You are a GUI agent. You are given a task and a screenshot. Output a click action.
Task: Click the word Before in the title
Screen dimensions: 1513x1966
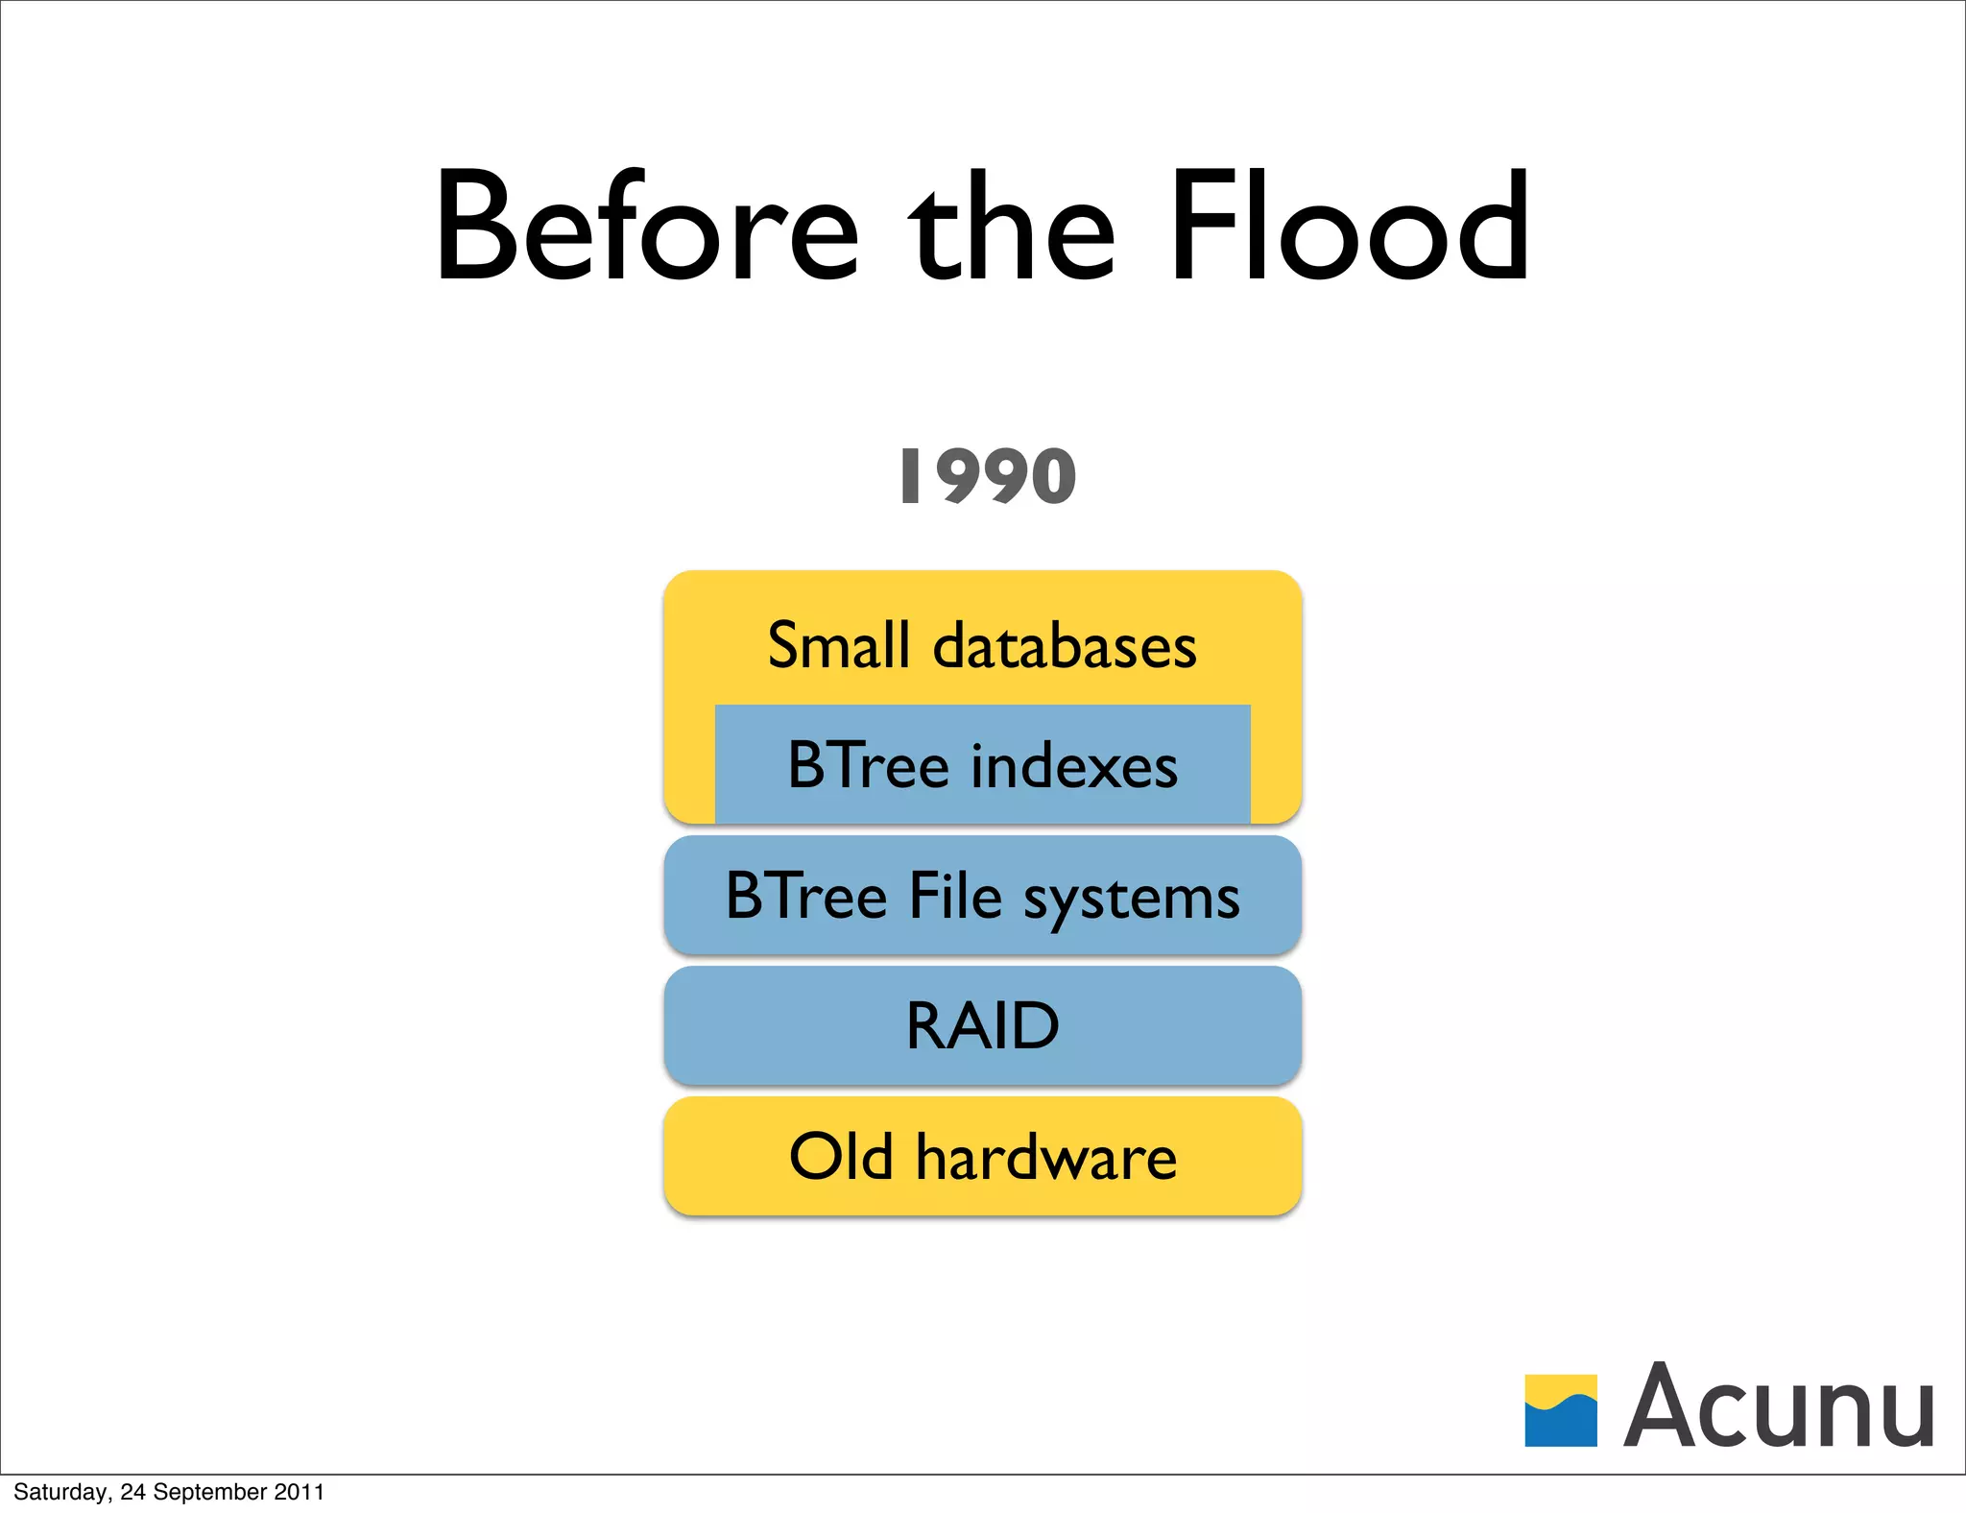pos(646,228)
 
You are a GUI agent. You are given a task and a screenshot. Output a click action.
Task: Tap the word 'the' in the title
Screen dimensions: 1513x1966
pos(1013,228)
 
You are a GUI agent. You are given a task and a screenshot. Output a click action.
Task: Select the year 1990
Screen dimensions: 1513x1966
pos(988,477)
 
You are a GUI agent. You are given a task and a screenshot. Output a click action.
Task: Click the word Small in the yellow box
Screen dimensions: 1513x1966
pos(838,645)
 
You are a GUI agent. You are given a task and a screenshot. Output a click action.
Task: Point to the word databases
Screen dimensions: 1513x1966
pos(1065,645)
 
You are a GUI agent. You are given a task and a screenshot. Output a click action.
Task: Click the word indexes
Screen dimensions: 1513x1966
pos(1074,766)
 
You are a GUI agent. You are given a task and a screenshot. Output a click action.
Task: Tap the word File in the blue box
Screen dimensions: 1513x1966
pos(954,896)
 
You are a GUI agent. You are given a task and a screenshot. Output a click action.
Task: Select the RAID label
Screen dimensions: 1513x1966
pos(982,1026)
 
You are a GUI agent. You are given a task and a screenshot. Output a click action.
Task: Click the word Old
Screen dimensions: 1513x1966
pos(841,1156)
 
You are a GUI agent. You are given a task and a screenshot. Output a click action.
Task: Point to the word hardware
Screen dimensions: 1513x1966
pos(1045,1156)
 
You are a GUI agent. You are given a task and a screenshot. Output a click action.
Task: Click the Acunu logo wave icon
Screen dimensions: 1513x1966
pos(1560,1410)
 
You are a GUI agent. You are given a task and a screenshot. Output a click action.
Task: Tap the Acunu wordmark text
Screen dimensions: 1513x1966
pos(1779,1406)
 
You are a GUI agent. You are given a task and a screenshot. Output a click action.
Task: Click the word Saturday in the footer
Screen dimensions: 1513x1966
pos(59,1492)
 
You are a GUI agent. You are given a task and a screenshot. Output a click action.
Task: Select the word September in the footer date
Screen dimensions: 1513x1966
pos(209,1492)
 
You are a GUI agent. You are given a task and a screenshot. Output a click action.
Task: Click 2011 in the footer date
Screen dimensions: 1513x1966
pos(299,1492)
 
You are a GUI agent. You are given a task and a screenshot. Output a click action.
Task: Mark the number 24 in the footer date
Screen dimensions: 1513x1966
pos(132,1492)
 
